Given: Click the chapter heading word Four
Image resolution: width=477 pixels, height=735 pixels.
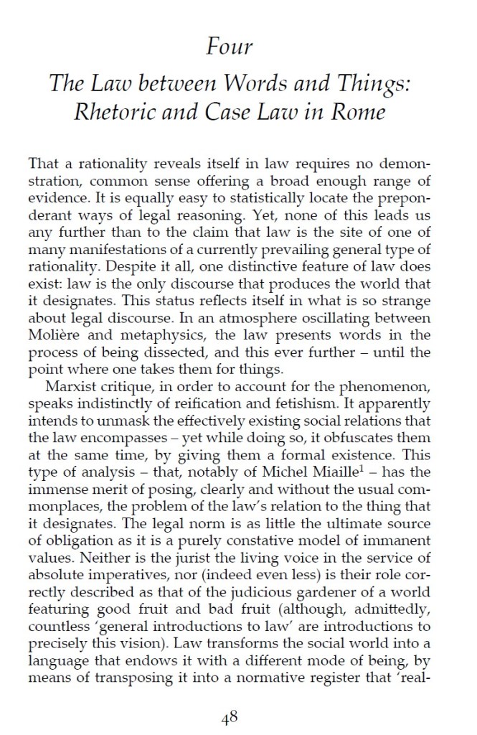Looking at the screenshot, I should coord(229,48).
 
